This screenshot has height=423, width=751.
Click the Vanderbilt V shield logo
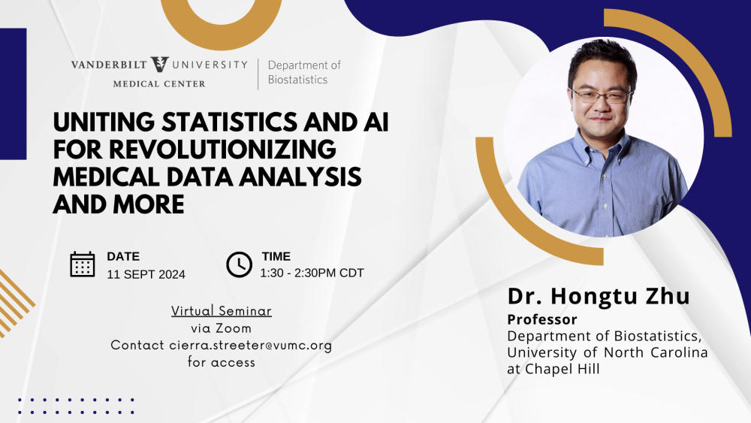click(x=159, y=64)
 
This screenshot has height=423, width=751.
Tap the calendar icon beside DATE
click(x=83, y=264)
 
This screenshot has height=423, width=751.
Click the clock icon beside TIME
click(x=239, y=264)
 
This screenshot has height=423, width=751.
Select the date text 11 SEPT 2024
click(x=146, y=274)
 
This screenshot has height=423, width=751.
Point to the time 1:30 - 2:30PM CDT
click(x=312, y=273)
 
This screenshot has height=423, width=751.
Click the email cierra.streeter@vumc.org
click(x=251, y=346)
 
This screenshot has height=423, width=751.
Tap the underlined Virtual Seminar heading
click(x=222, y=311)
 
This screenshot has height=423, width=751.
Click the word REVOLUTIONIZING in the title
click(x=222, y=149)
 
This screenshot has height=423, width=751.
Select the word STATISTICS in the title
click(x=229, y=122)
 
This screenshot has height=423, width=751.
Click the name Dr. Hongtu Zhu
click(x=599, y=295)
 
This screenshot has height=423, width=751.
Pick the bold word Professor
click(x=542, y=319)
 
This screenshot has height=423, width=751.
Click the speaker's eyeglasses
click(x=602, y=96)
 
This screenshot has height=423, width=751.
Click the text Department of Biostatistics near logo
click(x=304, y=72)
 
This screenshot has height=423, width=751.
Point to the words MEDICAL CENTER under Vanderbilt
click(x=159, y=84)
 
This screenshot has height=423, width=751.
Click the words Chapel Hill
click(x=562, y=370)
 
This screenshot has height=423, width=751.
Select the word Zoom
click(x=234, y=328)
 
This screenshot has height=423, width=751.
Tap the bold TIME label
click(x=276, y=256)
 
